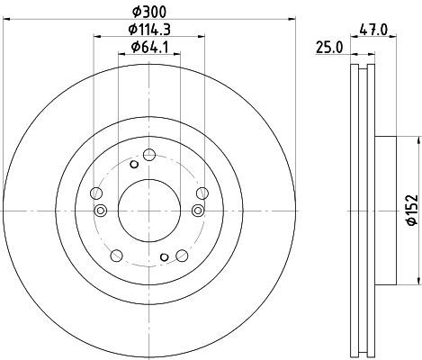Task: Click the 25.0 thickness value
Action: (x=329, y=48)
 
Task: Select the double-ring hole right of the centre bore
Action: (x=197, y=211)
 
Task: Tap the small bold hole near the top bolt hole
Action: (x=134, y=164)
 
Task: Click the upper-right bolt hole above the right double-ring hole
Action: (x=202, y=192)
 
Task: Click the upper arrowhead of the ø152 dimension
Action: (x=417, y=139)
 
